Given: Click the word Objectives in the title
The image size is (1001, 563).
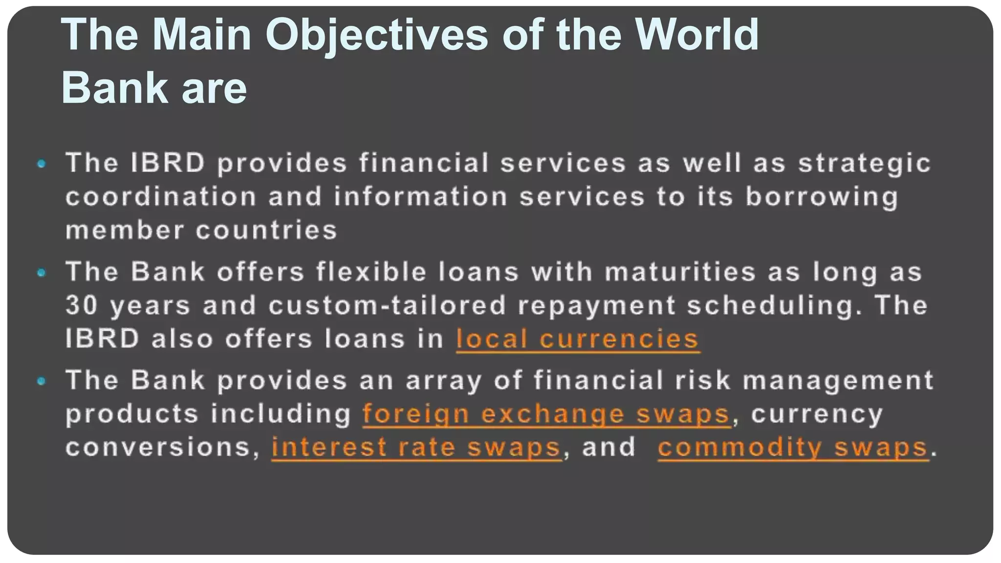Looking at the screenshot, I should click(x=376, y=35).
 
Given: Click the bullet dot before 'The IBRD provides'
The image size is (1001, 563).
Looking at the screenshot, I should click(x=42, y=164).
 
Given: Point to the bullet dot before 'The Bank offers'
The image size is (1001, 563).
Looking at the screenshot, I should click(x=42, y=273).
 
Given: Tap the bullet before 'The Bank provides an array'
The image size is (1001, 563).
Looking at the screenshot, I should click(x=42, y=381).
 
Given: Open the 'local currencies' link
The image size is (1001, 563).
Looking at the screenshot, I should click(x=577, y=339).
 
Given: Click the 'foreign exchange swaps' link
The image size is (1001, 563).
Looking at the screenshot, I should click(x=546, y=414).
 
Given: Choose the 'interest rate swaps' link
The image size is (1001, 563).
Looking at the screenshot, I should click(x=416, y=447).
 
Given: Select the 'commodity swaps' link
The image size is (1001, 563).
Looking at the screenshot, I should click(x=793, y=447).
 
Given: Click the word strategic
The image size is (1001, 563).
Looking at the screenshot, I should click(x=864, y=164).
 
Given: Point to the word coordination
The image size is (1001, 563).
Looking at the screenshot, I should click(x=161, y=197).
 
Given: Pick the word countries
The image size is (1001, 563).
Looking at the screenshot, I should click(x=266, y=230).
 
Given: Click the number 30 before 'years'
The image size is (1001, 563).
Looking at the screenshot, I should click(x=82, y=305).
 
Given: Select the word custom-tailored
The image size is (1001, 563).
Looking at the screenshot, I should click(x=387, y=305).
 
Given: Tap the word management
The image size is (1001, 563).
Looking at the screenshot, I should click(x=838, y=381).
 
